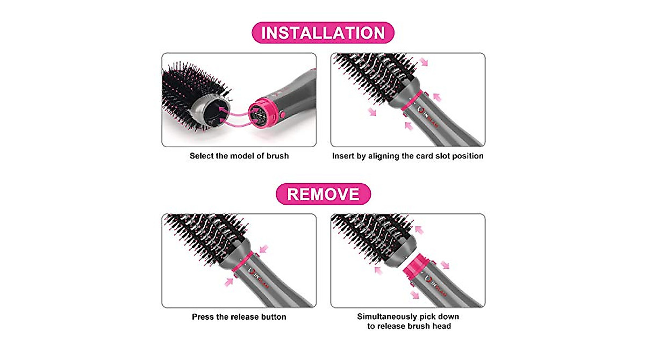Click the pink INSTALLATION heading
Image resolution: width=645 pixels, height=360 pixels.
pos(323,33)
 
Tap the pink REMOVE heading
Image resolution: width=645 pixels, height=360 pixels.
pos(323,193)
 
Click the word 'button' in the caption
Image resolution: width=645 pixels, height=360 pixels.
pos(271,317)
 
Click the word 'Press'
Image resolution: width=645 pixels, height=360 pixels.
pos(203,317)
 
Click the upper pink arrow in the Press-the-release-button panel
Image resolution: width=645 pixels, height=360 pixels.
pos(263,248)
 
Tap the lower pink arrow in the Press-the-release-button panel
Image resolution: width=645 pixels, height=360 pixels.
pos(230,280)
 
